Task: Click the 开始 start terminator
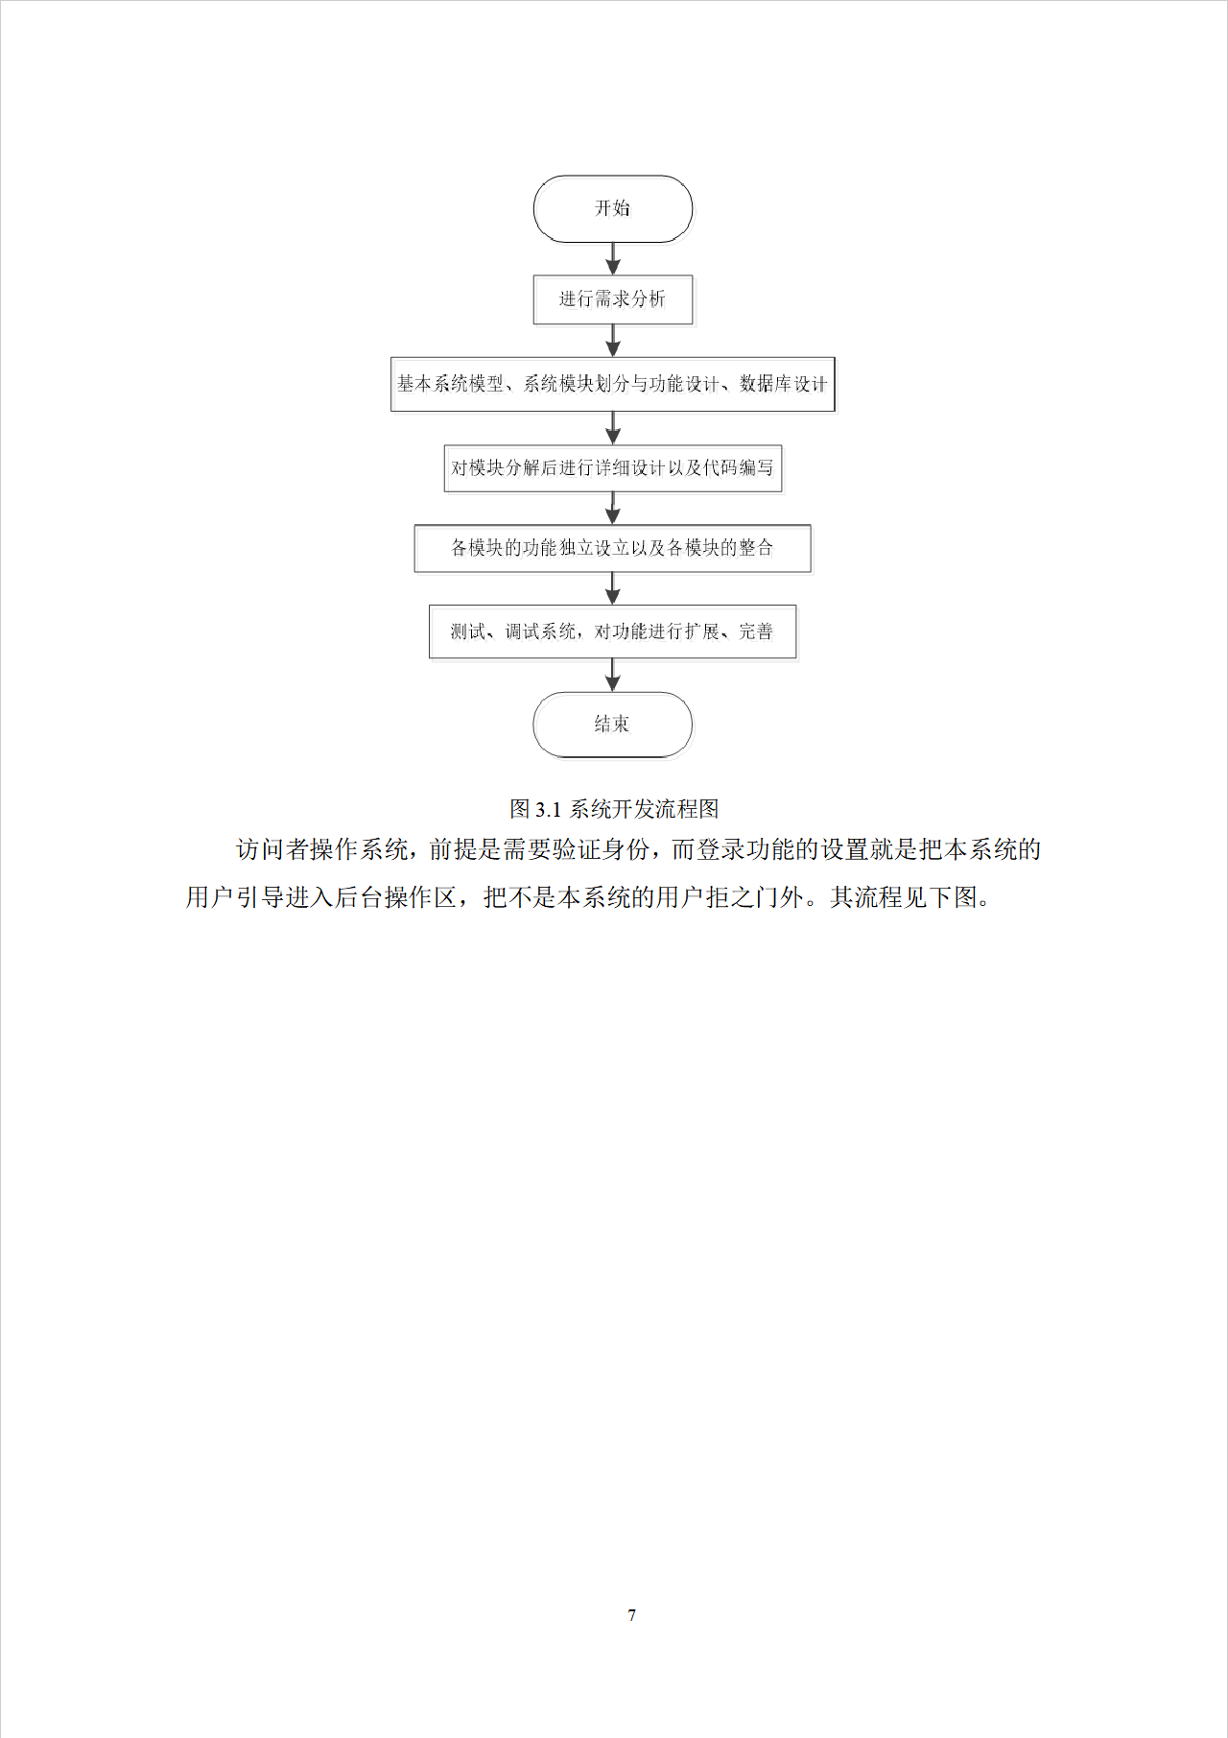613,208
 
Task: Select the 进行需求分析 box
613,299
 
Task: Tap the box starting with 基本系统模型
613,384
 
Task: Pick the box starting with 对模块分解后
613,468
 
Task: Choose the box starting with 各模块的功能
613,548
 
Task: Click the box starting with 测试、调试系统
613,631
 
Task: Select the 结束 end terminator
613,725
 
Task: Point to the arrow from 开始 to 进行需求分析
613,258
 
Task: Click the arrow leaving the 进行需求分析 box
613,341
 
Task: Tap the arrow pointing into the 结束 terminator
613,675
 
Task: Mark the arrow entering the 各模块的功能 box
613,509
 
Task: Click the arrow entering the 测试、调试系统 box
613,588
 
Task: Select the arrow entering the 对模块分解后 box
613,428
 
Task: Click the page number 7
631,1615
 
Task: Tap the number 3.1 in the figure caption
548,809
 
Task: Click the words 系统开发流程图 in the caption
645,809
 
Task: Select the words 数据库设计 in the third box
783,384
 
